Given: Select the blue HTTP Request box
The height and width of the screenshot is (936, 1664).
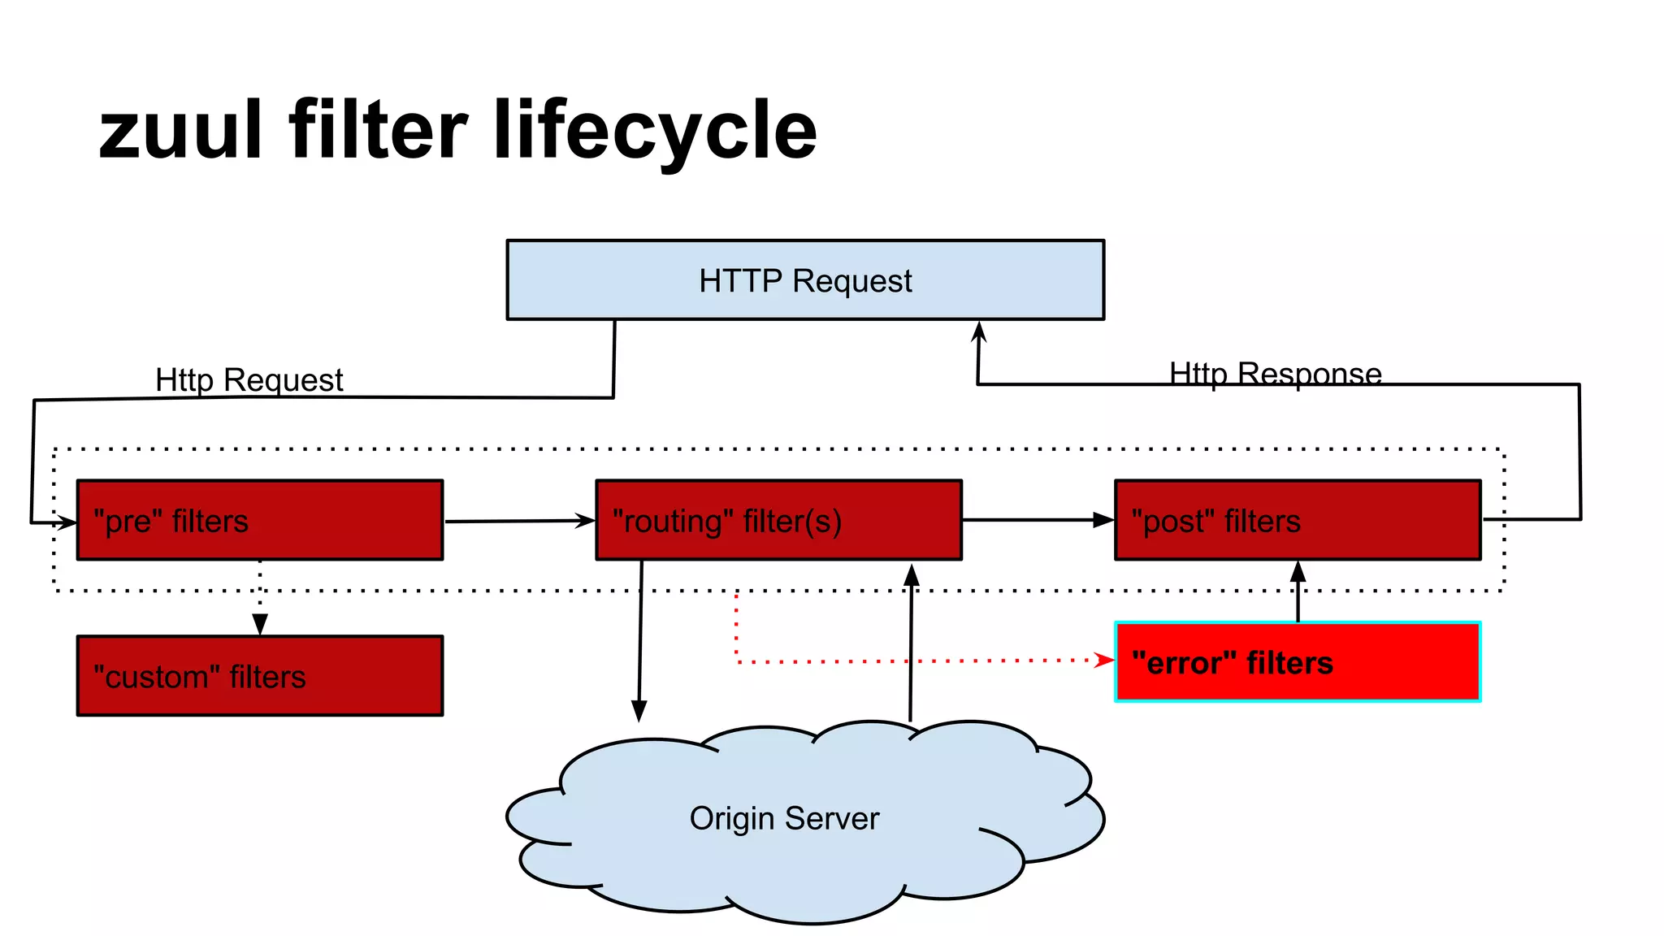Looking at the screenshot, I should pos(804,280).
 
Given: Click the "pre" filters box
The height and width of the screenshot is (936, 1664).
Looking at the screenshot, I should pos(259,520).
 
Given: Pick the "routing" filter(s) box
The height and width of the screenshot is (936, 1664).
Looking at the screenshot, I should pos(778,520).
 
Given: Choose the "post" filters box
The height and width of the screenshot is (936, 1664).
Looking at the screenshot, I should pos(1297,520).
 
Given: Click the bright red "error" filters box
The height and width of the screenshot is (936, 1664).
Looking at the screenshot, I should pos(1297,661).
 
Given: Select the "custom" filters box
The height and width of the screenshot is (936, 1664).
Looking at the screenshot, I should pos(259,676).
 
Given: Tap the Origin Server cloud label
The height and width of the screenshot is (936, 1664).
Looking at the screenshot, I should pos(784,818).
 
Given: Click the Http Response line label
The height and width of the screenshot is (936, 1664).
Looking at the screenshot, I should pos(1275,374).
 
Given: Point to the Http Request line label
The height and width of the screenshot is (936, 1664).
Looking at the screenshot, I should pos(249,379).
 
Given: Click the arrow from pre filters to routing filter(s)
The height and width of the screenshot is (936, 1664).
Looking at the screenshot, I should pos(520,521).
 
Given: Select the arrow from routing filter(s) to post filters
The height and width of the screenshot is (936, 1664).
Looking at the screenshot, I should pos(1038,519).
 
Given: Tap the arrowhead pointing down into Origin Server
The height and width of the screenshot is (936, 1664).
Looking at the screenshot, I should pos(639,710).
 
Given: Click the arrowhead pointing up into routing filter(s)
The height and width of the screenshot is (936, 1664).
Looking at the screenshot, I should pos(912,575).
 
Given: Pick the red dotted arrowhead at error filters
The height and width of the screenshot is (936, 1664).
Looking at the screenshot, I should pos(1104,660).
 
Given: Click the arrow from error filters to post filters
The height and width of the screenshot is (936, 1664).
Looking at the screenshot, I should pos(1298,591).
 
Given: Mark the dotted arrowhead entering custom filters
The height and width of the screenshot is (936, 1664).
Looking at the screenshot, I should pos(260,624).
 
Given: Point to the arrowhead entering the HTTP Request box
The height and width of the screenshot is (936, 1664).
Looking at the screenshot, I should pos(979,331).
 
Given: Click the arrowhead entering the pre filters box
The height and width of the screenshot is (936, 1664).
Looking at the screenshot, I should pos(67,522).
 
